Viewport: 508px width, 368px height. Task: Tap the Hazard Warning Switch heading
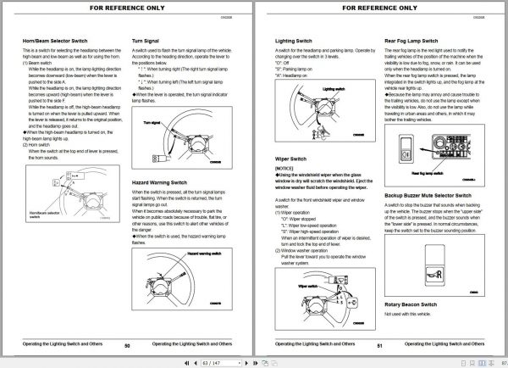click(x=165, y=182)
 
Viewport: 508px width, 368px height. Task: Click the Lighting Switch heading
click(x=297, y=40)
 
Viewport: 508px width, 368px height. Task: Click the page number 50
click(x=127, y=345)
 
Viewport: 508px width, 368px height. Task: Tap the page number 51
click(x=380, y=345)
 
